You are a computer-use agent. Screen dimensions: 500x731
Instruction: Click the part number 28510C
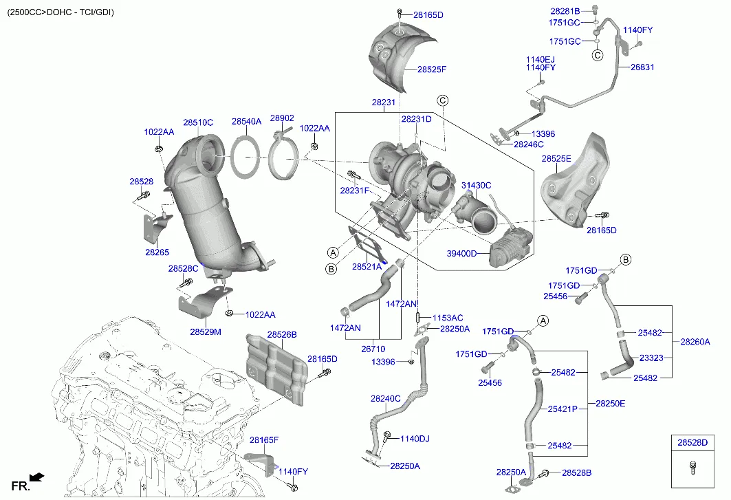click(x=197, y=122)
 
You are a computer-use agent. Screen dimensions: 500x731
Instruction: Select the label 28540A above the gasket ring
click(x=246, y=121)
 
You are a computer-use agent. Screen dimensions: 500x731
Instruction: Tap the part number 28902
click(x=281, y=118)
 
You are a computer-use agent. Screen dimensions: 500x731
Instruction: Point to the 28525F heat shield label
click(x=431, y=69)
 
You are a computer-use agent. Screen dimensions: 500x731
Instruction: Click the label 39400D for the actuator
click(x=461, y=254)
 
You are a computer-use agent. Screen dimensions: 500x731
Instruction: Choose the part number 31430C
click(x=476, y=186)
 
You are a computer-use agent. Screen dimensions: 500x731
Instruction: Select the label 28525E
click(x=556, y=159)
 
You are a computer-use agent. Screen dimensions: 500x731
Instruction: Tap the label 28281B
click(x=565, y=11)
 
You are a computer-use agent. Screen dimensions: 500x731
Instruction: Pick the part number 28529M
click(x=206, y=332)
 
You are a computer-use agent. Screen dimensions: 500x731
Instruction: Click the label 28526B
click(x=281, y=335)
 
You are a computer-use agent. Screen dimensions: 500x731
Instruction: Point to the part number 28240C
click(x=385, y=398)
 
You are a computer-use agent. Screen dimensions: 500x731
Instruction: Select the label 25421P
click(x=562, y=409)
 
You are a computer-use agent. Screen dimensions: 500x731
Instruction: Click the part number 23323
click(x=651, y=358)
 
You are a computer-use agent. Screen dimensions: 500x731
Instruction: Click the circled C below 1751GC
click(x=598, y=54)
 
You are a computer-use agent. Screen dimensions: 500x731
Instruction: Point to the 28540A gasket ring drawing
click(x=246, y=158)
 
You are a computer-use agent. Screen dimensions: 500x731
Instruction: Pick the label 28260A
click(x=695, y=342)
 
